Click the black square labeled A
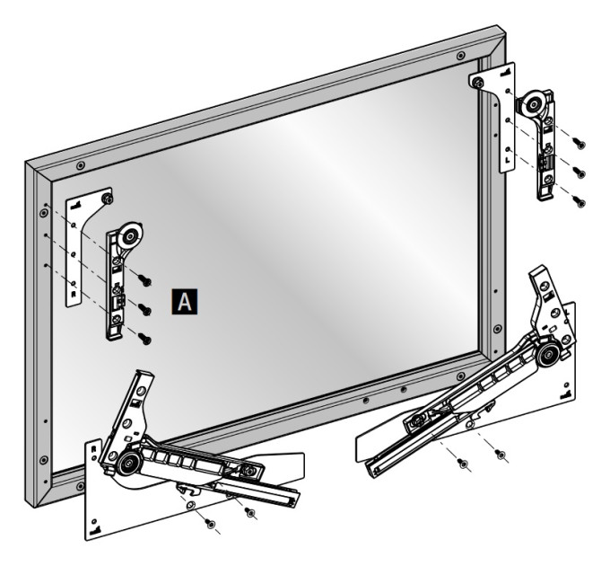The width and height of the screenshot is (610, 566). pyautogui.click(x=185, y=302)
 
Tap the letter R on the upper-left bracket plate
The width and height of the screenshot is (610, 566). pyautogui.click(x=74, y=294)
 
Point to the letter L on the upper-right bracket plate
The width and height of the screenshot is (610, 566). pyautogui.click(x=508, y=160)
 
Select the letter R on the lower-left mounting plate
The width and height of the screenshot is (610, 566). pyautogui.click(x=93, y=448)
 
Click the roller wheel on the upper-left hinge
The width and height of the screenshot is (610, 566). pyautogui.click(x=130, y=235)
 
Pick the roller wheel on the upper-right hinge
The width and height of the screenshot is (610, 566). pyautogui.click(x=532, y=104)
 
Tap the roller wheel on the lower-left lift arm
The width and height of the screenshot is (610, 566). pyautogui.click(x=129, y=464)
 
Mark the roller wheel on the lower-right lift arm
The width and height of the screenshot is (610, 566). pyautogui.click(x=547, y=355)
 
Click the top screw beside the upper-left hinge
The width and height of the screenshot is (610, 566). pyautogui.click(x=144, y=279)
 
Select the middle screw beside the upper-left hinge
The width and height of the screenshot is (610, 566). pyautogui.click(x=145, y=309)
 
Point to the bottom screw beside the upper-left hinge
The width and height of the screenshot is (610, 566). pyautogui.click(x=145, y=339)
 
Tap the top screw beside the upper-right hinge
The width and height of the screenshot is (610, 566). pyautogui.click(x=579, y=144)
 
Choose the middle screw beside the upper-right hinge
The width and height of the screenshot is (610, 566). pyautogui.click(x=579, y=172)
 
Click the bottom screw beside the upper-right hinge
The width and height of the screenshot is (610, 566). pyautogui.click(x=579, y=201)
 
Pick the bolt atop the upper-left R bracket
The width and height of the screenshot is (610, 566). pyautogui.click(x=108, y=199)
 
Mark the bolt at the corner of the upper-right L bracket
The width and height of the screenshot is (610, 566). pyautogui.click(x=478, y=83)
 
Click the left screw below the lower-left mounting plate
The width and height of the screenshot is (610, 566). pyautogui.click(x=210, y=524)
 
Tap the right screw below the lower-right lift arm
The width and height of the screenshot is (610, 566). pyautogui.click(x=500, y=454)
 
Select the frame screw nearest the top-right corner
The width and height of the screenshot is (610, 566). pyautogui.click(x=460, y=56)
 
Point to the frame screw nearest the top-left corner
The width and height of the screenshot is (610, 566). pyautogui.click(x=80, y=165)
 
